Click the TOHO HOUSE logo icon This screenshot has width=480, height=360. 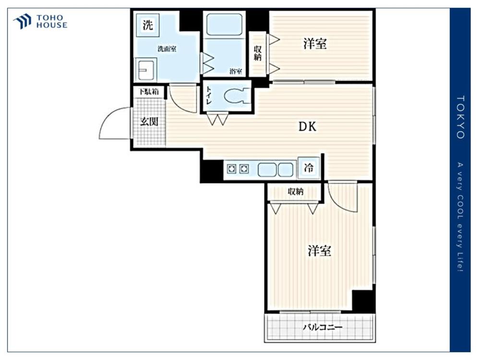tap(22, 22)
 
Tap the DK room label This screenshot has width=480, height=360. tap(307, 126)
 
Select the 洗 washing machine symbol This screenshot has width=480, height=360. tap(147, 25)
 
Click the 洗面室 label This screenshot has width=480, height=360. tap(167, 48)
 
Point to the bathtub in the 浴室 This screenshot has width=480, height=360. tap(224, 24)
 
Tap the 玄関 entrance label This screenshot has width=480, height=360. tap(149, 121)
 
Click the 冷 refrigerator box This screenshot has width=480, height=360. tap(309, 168)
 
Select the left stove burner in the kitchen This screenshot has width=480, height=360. tap(231, 168)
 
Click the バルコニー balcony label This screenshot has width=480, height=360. tap(323, 327)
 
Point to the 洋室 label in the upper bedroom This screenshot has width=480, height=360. tap(315, 44)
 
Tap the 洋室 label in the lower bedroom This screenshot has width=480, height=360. tap(319, 251)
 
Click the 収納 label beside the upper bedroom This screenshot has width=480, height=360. tap(257, 53)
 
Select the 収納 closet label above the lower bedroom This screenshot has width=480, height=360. tap(295, 192)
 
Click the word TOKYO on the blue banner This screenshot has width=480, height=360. tap(460, 117)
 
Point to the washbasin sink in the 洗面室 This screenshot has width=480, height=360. tap(146, 70)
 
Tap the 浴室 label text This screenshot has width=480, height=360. tap(236, 72)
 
